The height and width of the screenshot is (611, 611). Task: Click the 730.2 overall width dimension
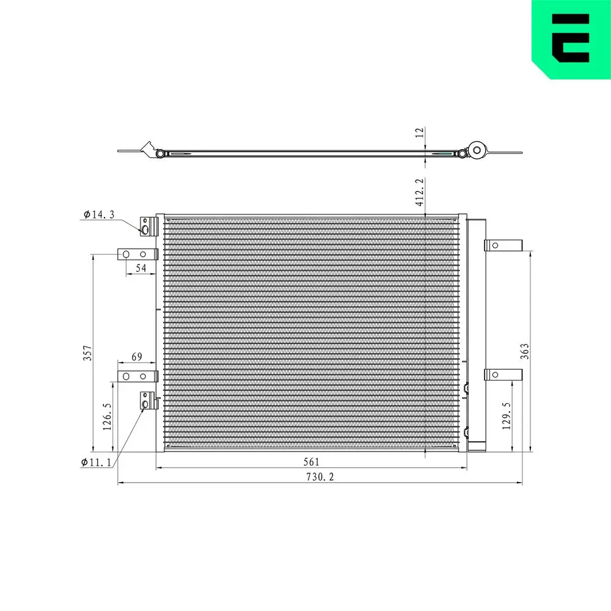(320, 477)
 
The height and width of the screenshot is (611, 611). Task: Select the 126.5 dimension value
(107, 417)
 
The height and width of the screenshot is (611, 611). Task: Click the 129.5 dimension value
(506, 416)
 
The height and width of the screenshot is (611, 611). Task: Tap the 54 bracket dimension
(141, 268)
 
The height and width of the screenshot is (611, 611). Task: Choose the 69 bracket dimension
(137, 356)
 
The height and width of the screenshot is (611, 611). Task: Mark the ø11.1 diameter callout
(96, 462)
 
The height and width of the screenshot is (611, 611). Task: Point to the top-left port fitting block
(148, 226)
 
